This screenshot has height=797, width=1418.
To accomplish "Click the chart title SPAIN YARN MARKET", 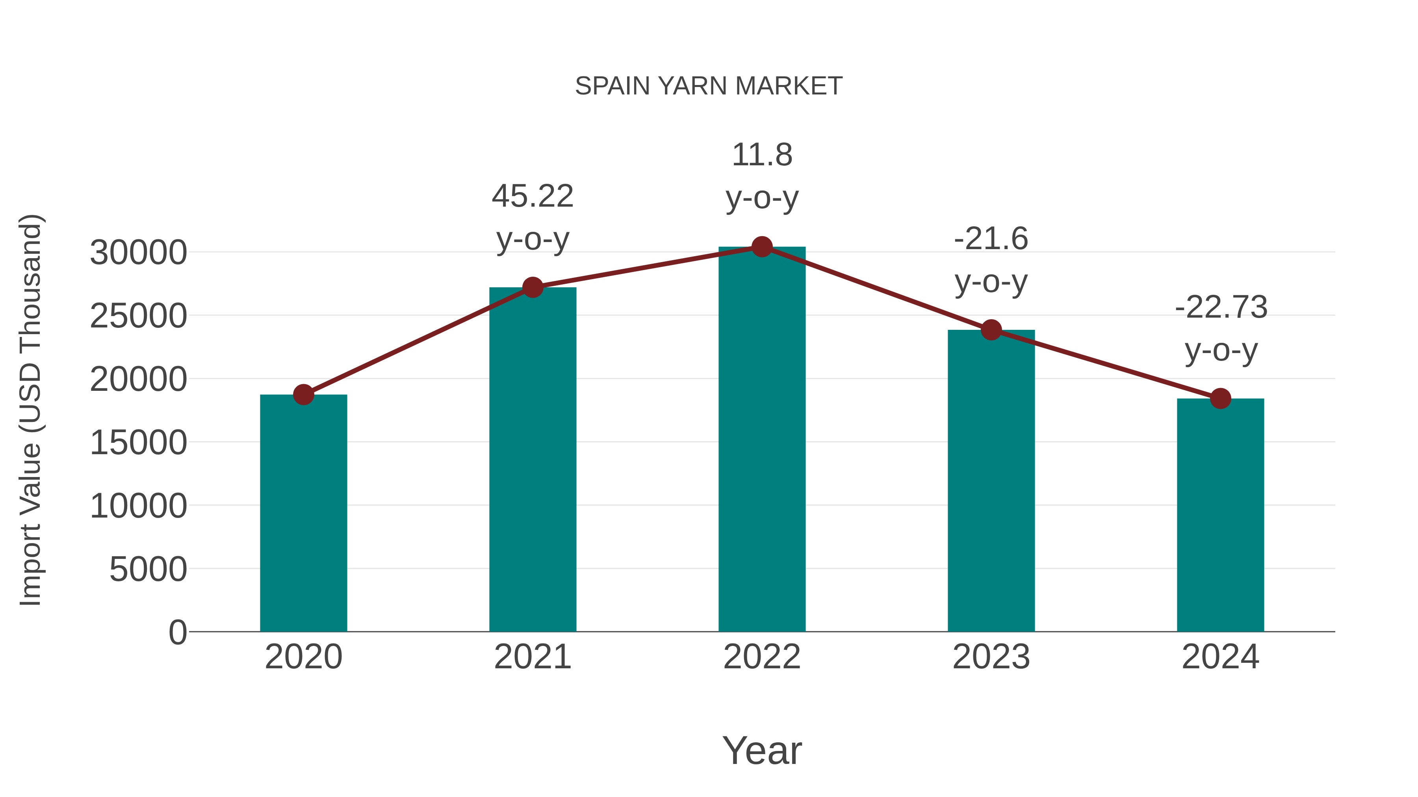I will tap(709, 86).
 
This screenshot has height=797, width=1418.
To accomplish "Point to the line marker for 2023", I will tap(991, 330).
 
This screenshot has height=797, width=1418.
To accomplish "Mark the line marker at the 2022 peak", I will tap(762, 247).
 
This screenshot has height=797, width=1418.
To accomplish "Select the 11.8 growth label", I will tap(762, 176).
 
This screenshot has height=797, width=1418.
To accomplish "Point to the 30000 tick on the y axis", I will tap(138, 253).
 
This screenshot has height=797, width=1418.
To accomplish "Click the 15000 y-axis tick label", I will tap(138, 443).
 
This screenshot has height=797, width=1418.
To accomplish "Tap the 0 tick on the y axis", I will tap(178, 632).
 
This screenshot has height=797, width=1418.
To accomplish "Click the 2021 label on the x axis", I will tap(532, 657).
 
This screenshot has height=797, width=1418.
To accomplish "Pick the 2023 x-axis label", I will tap(991, 657).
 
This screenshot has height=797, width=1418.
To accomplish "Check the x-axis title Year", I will tap(762, 750).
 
